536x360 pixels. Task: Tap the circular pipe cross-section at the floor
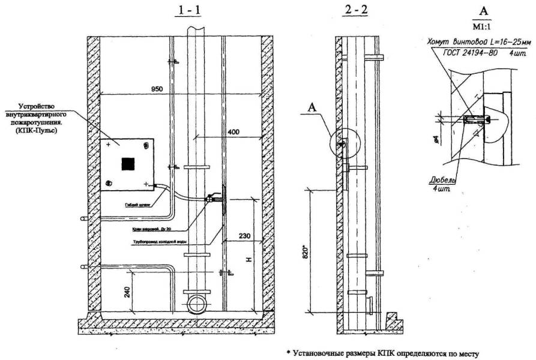(x=197, y=304)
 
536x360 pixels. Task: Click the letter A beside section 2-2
(x=312, y=107)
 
